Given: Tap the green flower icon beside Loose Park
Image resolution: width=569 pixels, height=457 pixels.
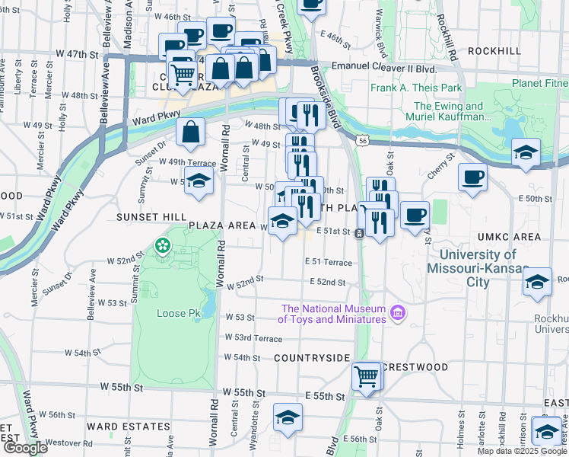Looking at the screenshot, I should click(x=161, y=245).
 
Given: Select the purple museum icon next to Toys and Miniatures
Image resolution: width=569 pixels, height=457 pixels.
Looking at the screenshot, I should click(x=396, y=313).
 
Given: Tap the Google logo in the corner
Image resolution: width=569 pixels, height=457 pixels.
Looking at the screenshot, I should click(x=24, y=448).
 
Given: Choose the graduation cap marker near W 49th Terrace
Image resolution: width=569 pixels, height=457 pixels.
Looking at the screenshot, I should click(x=199, y=182).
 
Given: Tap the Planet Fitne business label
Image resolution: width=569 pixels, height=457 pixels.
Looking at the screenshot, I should click(x=539, y=83).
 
